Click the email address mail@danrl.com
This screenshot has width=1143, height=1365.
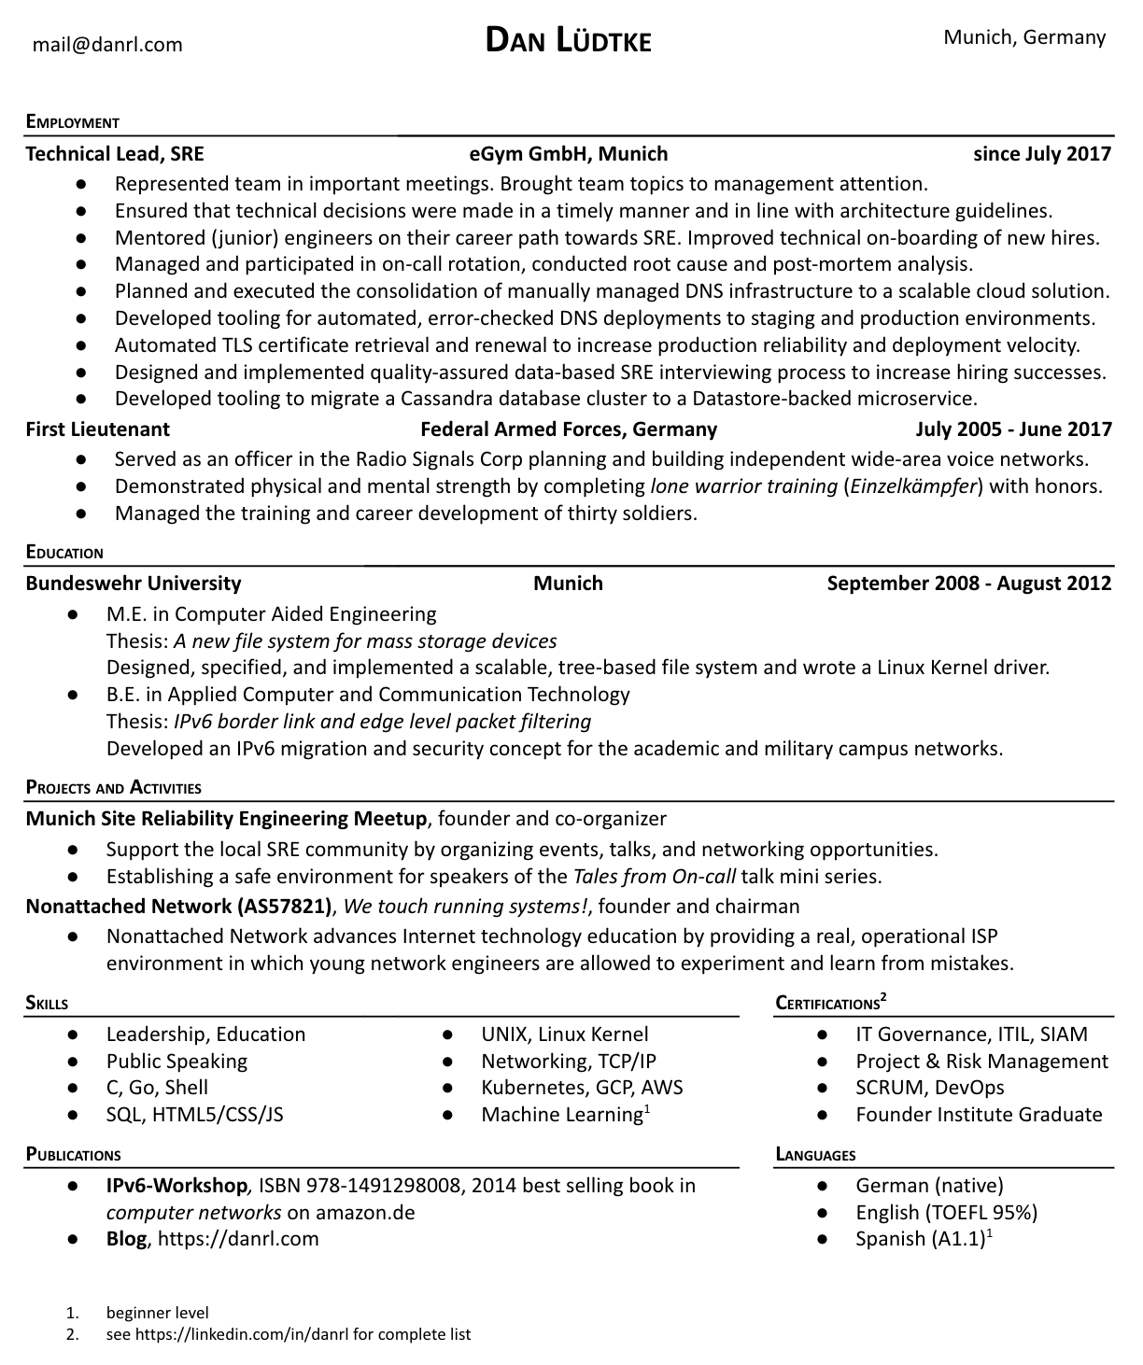(x=107, y=45)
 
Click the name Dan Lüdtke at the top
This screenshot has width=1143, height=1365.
(x=568, y=40)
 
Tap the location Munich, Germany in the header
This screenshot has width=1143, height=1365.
(x=1023, y=37)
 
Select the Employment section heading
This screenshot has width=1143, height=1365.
(x=73, y=122)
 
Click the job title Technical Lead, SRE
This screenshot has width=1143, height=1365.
(x=114, y=154)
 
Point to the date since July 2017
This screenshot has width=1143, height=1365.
(x=1041, y=154)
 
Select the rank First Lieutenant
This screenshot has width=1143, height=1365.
(x=97, y=429)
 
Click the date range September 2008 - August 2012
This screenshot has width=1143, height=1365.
(x=968, y=584)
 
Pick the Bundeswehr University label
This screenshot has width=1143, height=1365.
(x=133, y=584)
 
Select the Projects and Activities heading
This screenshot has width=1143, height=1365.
(x=113, y=787)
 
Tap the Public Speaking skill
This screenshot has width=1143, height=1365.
(x=176, y=1062)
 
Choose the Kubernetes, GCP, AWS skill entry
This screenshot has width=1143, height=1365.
(x=582, y=1088)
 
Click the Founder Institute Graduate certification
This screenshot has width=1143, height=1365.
(x=979, y=1115)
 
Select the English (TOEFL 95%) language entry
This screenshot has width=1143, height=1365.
(x=946, y=1213)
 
